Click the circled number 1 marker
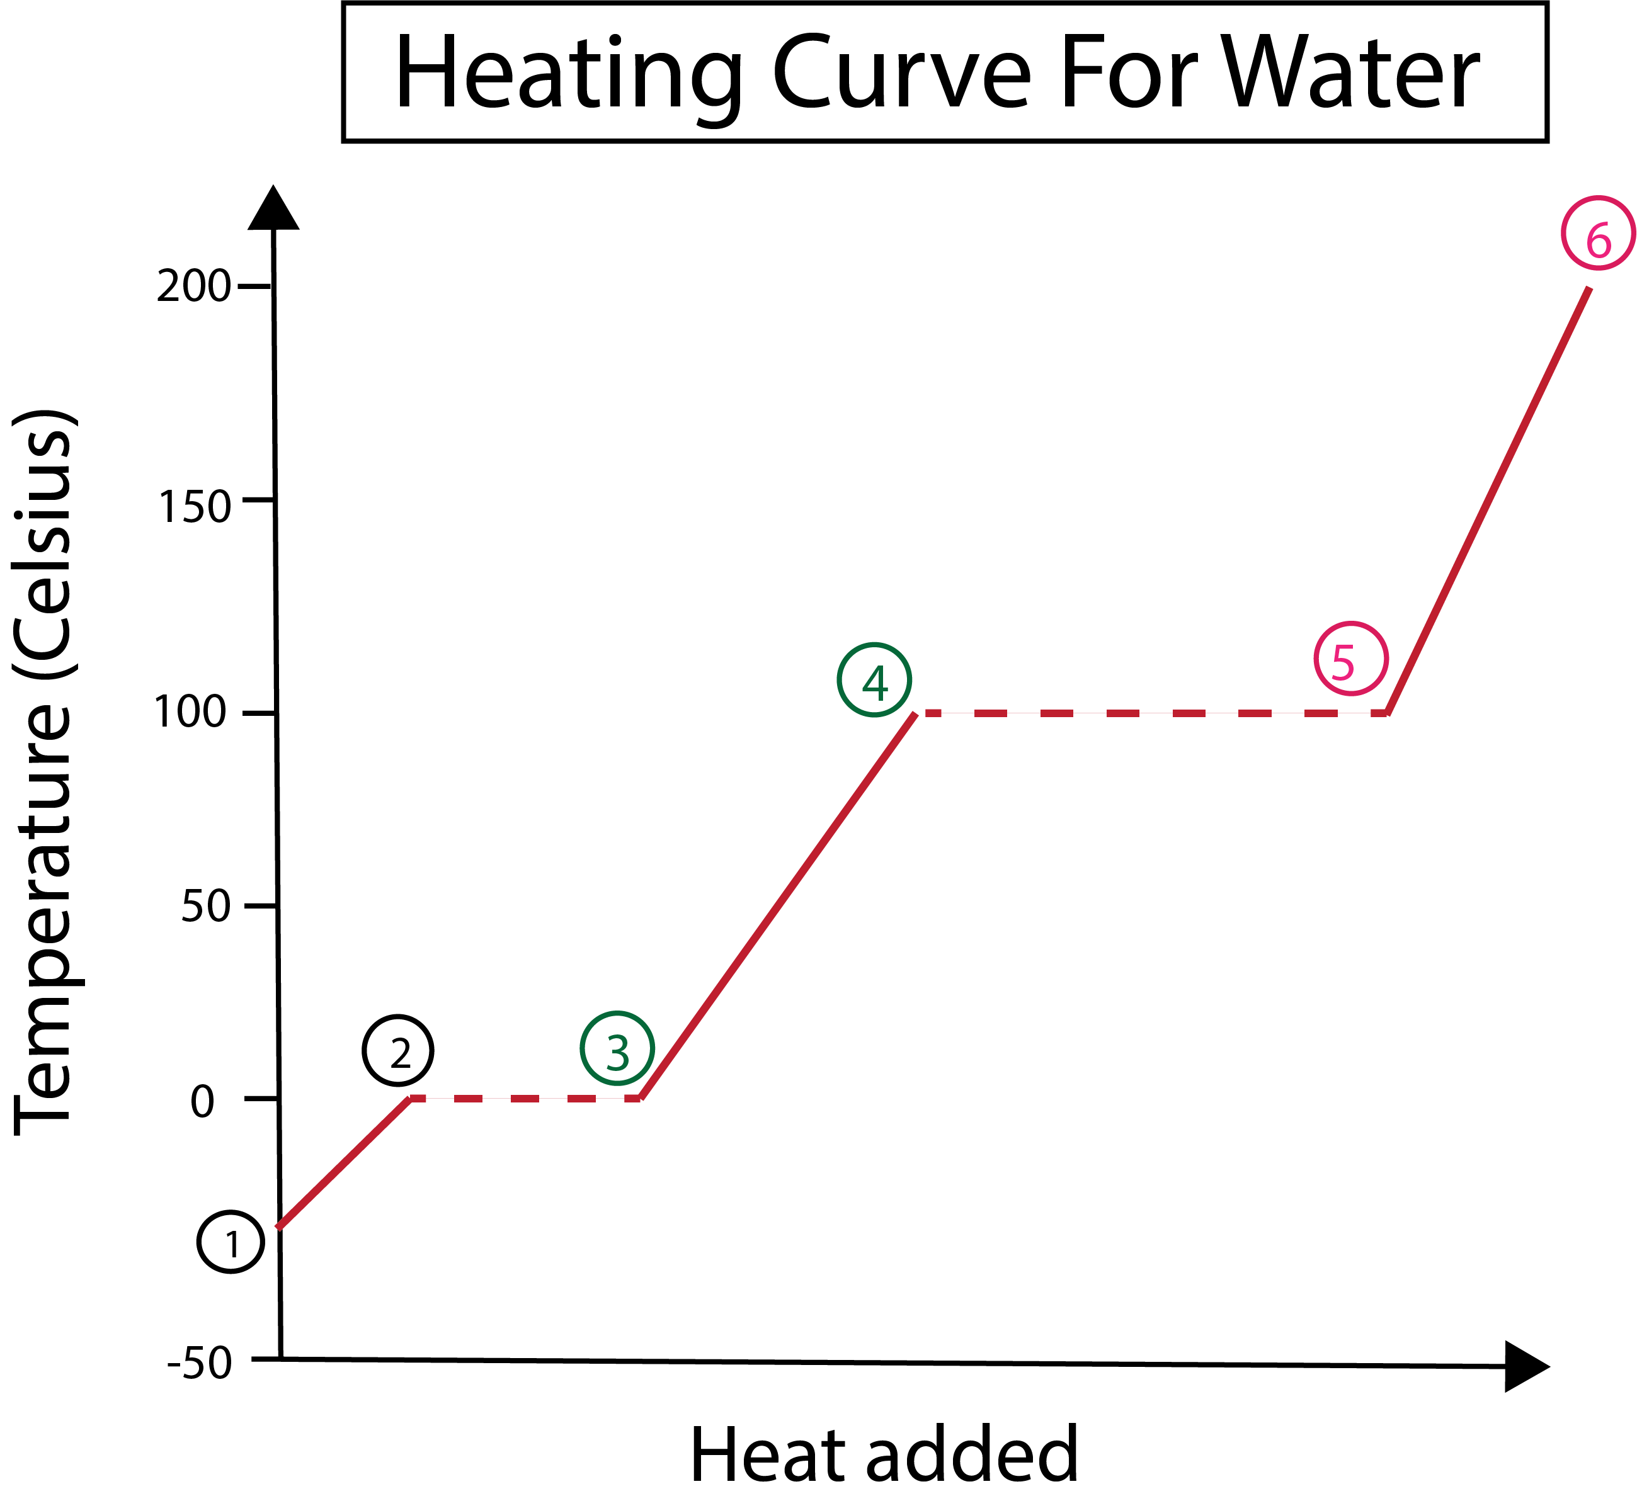click(x=231, y=1243)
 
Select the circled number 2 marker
click(x=398, y=1050)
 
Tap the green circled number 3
click(x=617, y=1048)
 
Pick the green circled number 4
click(x=874, y=680)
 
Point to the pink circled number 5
click(x=1350, y=659)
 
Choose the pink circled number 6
click(x=1598, y=233)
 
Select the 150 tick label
click(x=194, y=507)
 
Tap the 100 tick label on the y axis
click(x=190, y=713)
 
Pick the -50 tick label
click(x=200, y=1363)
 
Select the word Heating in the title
click(x=569, y=75)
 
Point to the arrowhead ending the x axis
click(x=1525, y=1366)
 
